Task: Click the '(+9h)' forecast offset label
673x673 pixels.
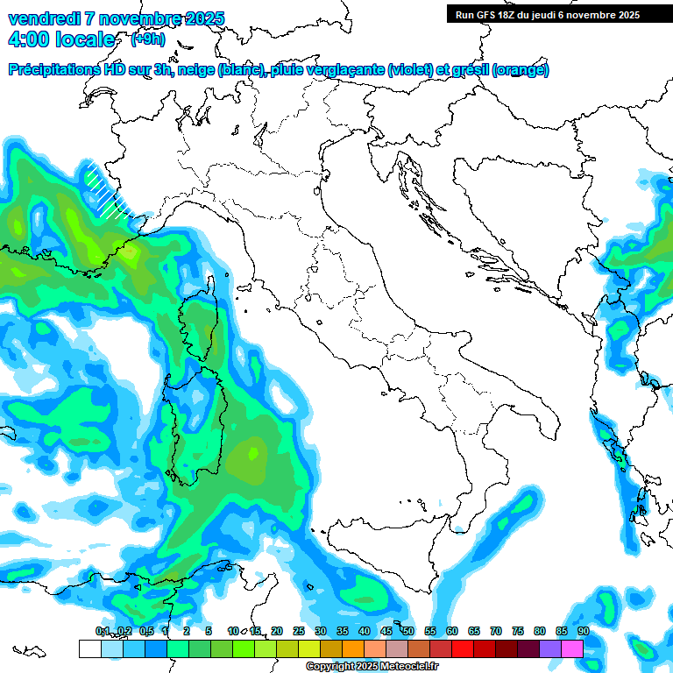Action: (x=147, y=39)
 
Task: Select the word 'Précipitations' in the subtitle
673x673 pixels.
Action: (x=53, y=70)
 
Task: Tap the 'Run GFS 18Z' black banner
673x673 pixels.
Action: (x=548, y=14)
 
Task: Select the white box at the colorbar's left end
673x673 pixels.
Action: (x=89, y=648)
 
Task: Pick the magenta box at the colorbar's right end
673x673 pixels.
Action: (x=572, y=648)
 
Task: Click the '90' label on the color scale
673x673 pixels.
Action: (x=584, y=632)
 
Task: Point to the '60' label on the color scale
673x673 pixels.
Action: (x=452, y=632)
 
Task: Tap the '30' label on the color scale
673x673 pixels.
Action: (x=321, y=632)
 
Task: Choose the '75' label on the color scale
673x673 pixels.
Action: (x=518, y=632)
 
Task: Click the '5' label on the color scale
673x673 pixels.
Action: (x=209, y=632)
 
